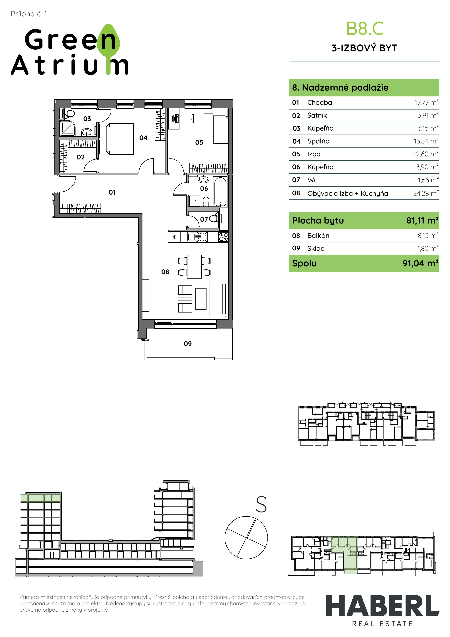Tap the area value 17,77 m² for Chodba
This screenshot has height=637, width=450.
click(x=426, y=102)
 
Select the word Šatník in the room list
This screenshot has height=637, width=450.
click(x=317, y=115)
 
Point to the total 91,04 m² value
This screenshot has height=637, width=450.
click(x=421, y=263)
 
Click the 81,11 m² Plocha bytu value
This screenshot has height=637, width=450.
click(x=422, y=221)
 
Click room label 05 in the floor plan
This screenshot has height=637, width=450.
click(x=199, y=143)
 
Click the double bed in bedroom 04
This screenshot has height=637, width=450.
click(x=116, y=139)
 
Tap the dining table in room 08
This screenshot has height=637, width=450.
click(x=194, y=266)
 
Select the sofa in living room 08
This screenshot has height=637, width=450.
click(x=218, y=299)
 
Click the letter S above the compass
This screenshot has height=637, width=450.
click(x=261, y=505)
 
